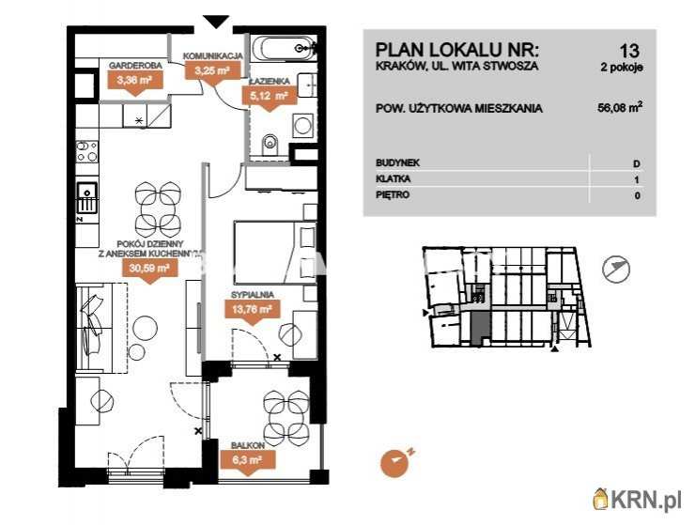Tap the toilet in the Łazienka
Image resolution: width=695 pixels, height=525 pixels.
(x=270, y=144)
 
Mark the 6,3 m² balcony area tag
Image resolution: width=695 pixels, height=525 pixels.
(x=247, y=462)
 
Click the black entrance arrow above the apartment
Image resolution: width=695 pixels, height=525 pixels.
(x=216, y=22)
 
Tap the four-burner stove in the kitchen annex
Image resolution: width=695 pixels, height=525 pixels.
(x=86, y=151)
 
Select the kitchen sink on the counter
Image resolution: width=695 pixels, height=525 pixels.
(x=86, y=197)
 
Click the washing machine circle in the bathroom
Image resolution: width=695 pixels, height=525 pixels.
(x=302, y=125)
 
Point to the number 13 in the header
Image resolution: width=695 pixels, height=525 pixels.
(x=629, y=51)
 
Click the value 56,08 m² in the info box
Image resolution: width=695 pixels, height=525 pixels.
(x=620, y=108)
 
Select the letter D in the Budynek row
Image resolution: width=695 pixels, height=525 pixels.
(x=637, y=164)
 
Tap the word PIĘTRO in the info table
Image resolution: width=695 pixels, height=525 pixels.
(x=393, y=194)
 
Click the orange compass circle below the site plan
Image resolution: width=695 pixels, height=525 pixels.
(x=394, y=463)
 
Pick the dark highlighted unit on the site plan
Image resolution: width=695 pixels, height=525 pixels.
(x=477, y=328)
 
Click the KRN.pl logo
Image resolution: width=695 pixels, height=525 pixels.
(x=637, y=500)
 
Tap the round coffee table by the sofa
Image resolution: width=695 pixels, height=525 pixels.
(x=145, y=327)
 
